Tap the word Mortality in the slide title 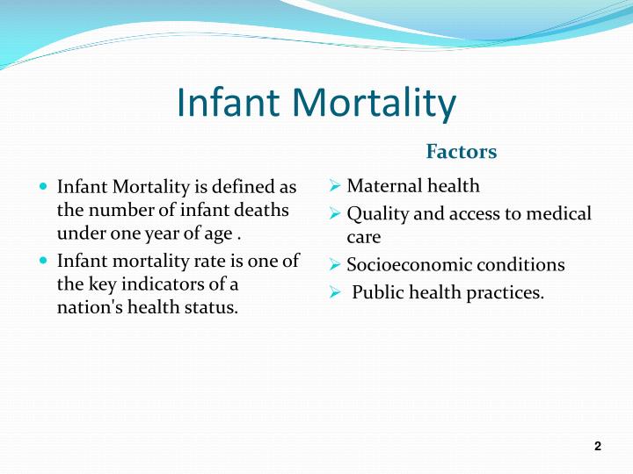pos(375,104)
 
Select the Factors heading pos(462,152)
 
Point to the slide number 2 pos(598,447)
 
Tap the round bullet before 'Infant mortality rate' pos(45,262)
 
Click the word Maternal pos(382,186)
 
